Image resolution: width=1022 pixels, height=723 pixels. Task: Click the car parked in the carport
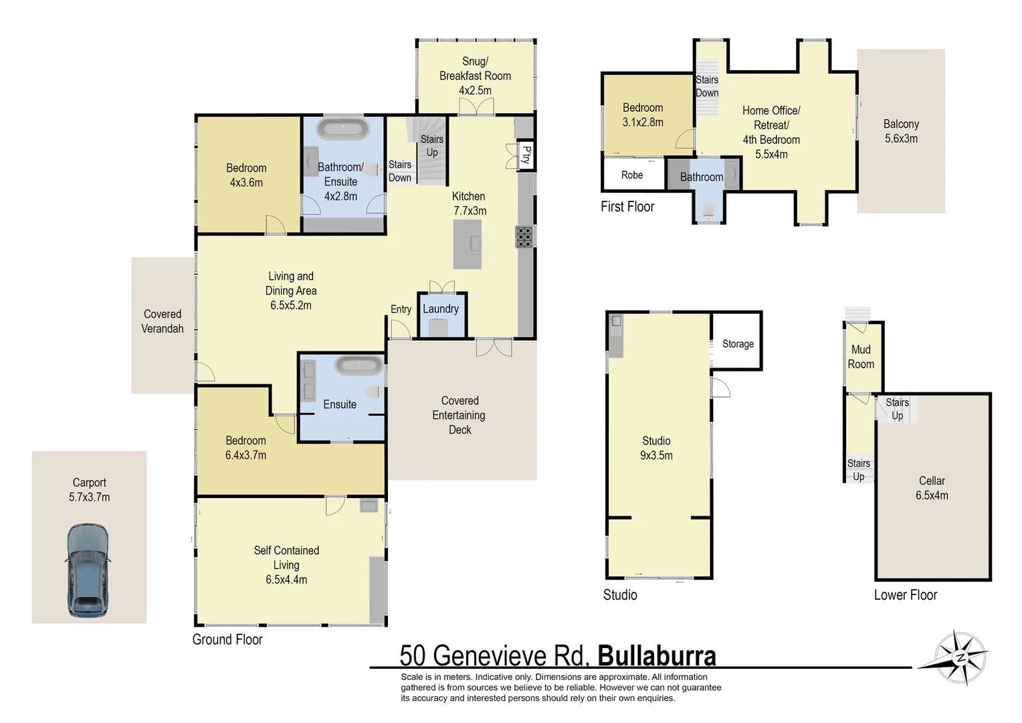click(88, 570)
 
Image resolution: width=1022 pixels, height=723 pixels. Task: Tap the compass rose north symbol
click(961, 657)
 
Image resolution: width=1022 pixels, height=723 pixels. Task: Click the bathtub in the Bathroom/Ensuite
click(343, 129)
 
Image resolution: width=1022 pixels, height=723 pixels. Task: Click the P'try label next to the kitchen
click(526, 155)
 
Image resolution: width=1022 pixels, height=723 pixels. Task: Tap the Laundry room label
click(440, 309)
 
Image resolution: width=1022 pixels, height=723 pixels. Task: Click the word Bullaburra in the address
click(656, 656)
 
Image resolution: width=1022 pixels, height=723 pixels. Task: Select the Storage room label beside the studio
click(737, 343)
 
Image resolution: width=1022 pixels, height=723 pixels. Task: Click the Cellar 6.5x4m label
click(931, 488)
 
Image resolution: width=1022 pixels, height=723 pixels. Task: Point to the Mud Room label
click(861, 357)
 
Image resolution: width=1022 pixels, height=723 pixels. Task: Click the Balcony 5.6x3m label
click(901, 131)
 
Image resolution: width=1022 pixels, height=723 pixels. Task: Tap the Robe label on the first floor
click(631, 175)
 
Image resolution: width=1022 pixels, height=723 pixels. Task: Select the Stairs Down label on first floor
click(706, 86)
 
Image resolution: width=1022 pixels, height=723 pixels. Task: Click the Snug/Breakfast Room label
click(475, 76)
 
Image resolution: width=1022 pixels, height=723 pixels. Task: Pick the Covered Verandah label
click(163, 321)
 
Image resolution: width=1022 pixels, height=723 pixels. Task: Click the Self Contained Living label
click(286, 564)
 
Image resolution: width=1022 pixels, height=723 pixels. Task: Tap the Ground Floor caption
click(227, 639)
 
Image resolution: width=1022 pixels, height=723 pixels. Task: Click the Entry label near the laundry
click(401, 309)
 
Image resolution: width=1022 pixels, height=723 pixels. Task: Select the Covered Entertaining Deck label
click(459, 415)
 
